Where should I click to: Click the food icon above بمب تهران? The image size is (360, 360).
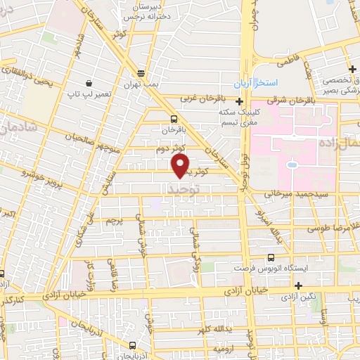coord(141,73)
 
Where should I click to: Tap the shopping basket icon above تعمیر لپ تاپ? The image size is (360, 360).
coord(89,82)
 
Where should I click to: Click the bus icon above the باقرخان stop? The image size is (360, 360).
coord(174,118)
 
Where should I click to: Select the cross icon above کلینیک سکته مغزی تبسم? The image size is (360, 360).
coord(240,101)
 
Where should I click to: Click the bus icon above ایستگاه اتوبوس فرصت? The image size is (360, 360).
coord(272,257)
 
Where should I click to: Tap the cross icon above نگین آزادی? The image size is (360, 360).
coord(300,285)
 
